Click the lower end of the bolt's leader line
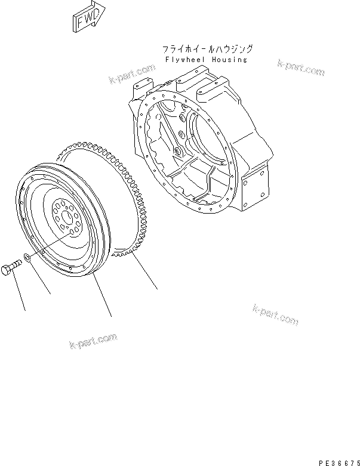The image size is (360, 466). pyautogui.click(x=25, y=310)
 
